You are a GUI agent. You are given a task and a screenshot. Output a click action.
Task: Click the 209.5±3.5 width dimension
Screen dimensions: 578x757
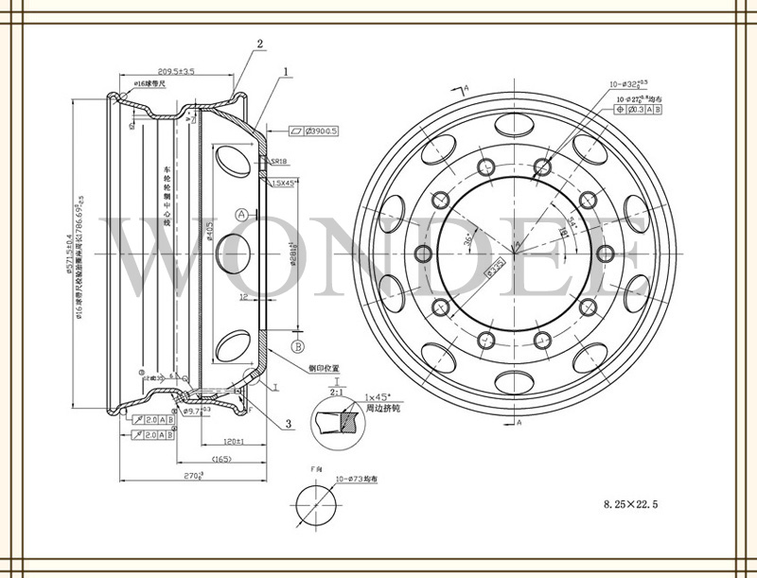click(176, 71)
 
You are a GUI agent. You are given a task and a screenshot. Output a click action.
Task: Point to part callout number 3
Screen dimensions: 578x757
click(288, 424)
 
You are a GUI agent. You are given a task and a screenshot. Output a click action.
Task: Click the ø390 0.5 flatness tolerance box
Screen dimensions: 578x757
click(312, 131)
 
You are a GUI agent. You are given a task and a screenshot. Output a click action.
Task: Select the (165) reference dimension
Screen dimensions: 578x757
click(221, 460)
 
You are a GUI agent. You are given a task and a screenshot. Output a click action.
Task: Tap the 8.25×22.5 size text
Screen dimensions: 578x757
click(630, 507)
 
